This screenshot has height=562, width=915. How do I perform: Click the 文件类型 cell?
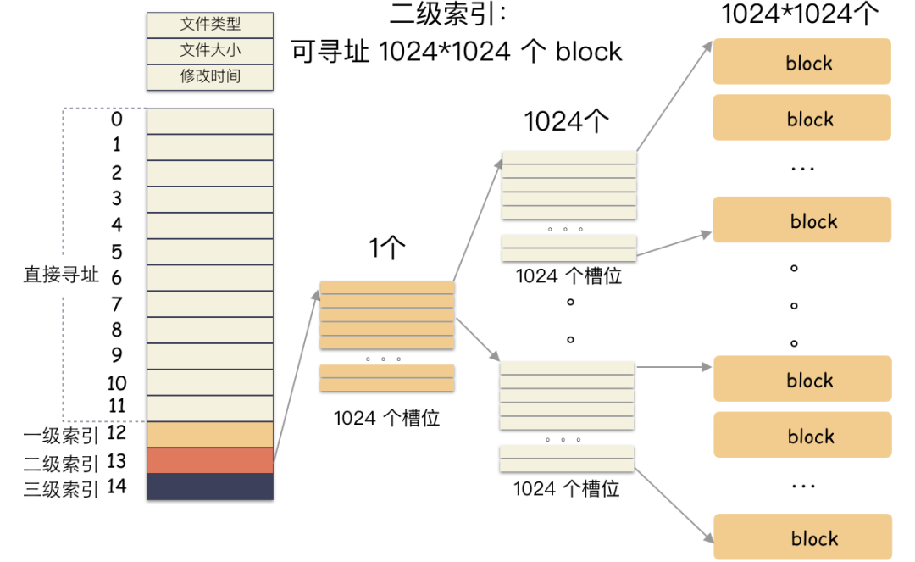click(210, 25)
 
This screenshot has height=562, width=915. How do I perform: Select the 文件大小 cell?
click(210, 51)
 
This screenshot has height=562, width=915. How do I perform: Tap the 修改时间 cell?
click(210, 76)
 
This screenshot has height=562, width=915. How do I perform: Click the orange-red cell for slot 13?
click(210, 460)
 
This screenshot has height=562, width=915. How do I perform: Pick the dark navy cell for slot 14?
click(210, 487)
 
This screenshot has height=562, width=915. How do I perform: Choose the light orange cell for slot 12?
click(210, 435)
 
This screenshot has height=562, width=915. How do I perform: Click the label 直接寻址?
click(61, 275)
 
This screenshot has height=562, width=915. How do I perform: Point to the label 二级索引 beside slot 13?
click(62, 463)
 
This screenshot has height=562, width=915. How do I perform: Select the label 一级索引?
click(62, 436)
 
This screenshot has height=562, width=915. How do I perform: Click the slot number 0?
click(117, 120)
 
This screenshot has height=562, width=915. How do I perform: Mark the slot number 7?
click(117, 303)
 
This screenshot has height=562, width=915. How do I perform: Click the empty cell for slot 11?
click(210, 408)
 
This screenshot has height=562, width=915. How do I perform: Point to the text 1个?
click(387, 248)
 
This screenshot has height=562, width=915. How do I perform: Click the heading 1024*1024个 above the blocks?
click(801, 15)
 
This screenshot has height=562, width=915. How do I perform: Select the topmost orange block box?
click(801, 62)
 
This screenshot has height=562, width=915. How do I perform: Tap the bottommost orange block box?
click(801, 537)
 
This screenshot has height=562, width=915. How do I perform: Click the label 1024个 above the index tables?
click(567, 122)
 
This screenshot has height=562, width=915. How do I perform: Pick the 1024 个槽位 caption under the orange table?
click(386, 418)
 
